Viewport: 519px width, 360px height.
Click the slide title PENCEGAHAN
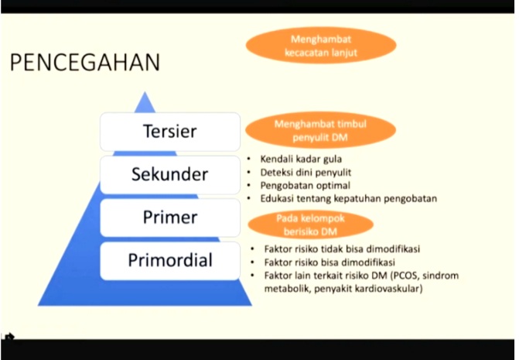[85, 62]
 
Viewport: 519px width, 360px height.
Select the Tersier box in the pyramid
[170, 132]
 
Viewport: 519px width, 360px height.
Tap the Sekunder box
[170, 174]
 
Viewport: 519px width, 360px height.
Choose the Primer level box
[170, 218]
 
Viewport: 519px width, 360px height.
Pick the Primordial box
[170, 261]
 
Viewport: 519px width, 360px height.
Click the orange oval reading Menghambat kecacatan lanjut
[321, 46]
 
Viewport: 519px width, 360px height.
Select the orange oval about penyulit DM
[320, 131]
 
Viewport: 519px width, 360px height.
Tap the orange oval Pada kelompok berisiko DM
[310, 225]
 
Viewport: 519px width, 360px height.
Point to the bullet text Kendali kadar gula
[301, 159]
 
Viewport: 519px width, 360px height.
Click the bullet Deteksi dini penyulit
[306, 173]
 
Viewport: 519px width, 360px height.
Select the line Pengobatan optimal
[306, 186]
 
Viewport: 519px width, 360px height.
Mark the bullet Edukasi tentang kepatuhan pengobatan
[349, 199]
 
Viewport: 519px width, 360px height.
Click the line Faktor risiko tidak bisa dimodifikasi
[342, 249]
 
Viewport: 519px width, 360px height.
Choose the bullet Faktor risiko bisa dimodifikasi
[329, 262]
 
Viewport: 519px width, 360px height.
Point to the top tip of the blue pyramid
[145, 91]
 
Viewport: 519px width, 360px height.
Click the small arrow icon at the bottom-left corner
[10, 337]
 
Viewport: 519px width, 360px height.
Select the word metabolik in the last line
[286, 289]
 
